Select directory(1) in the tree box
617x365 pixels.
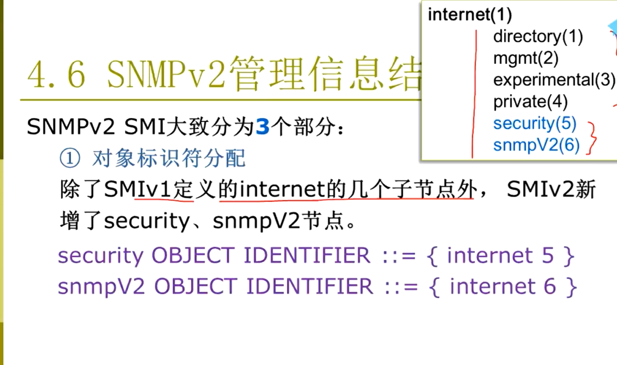pyautogui.click(x=538, y=36)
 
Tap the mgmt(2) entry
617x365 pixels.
pyautogui.click(x=526, y=58)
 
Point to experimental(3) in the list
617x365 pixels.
pyautogui.click(x=554, y=80)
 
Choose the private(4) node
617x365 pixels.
pyautogui.click(x=530, y=102)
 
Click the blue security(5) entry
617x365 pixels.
pyautogui.click(x=534, y=123)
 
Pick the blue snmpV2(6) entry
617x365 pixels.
pyautogui.click(x=536, y=145)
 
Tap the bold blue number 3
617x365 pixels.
pyautogui.click(x=263, y=127)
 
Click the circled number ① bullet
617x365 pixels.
pyautogui.click(x=68, y=158)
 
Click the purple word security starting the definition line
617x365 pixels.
pyautogui.click(x=101, y=256)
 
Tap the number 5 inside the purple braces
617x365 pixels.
pyautogui.click(x=548, y=256)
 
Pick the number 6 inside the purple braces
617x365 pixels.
pyautogui.click(x=551, y=287)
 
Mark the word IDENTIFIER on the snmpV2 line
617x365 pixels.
pyautogui.click(x=309, y=287)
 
